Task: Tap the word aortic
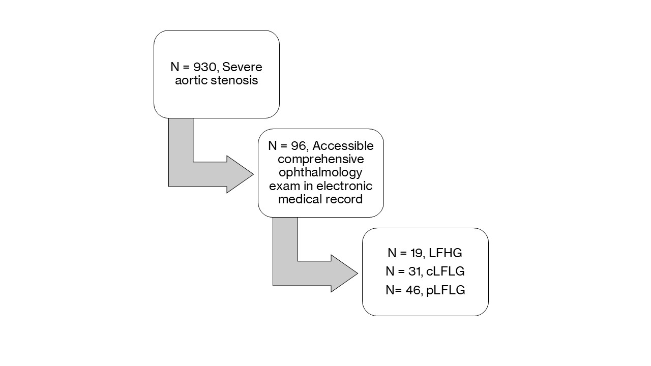(x=191, y=81)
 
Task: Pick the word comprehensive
(x=321, y=160)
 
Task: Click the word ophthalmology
(x=321, y=173)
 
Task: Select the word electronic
(x=348, y=186)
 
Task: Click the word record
(x=345, y=199)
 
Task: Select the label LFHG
(x=445, y=253)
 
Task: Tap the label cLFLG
(x=446, y=271)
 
